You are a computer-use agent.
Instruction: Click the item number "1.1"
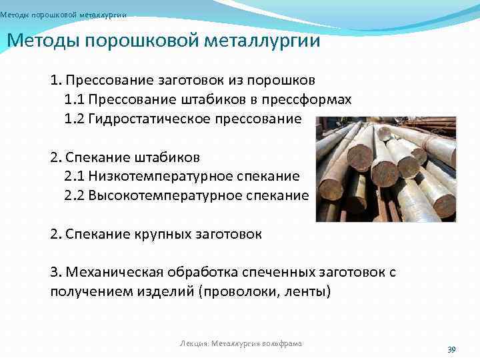coord(74,100)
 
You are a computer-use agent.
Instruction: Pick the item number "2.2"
coord(74,196)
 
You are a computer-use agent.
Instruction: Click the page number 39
coord(451,349)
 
